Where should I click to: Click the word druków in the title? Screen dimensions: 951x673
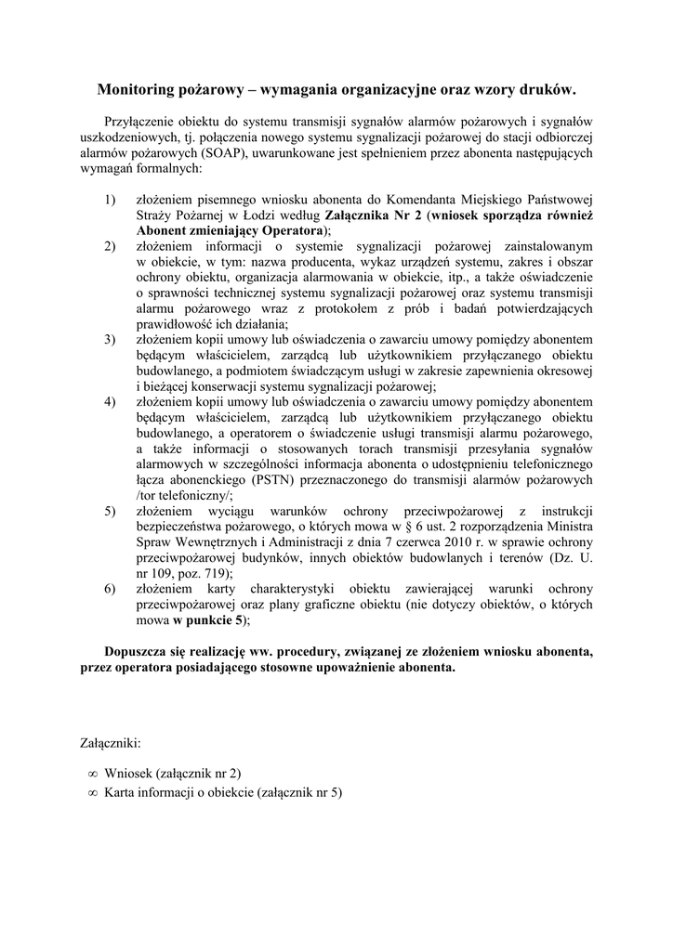point(548,90)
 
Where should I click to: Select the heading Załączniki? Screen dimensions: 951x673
point(112,744)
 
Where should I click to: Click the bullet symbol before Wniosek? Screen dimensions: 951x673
point(92,773)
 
